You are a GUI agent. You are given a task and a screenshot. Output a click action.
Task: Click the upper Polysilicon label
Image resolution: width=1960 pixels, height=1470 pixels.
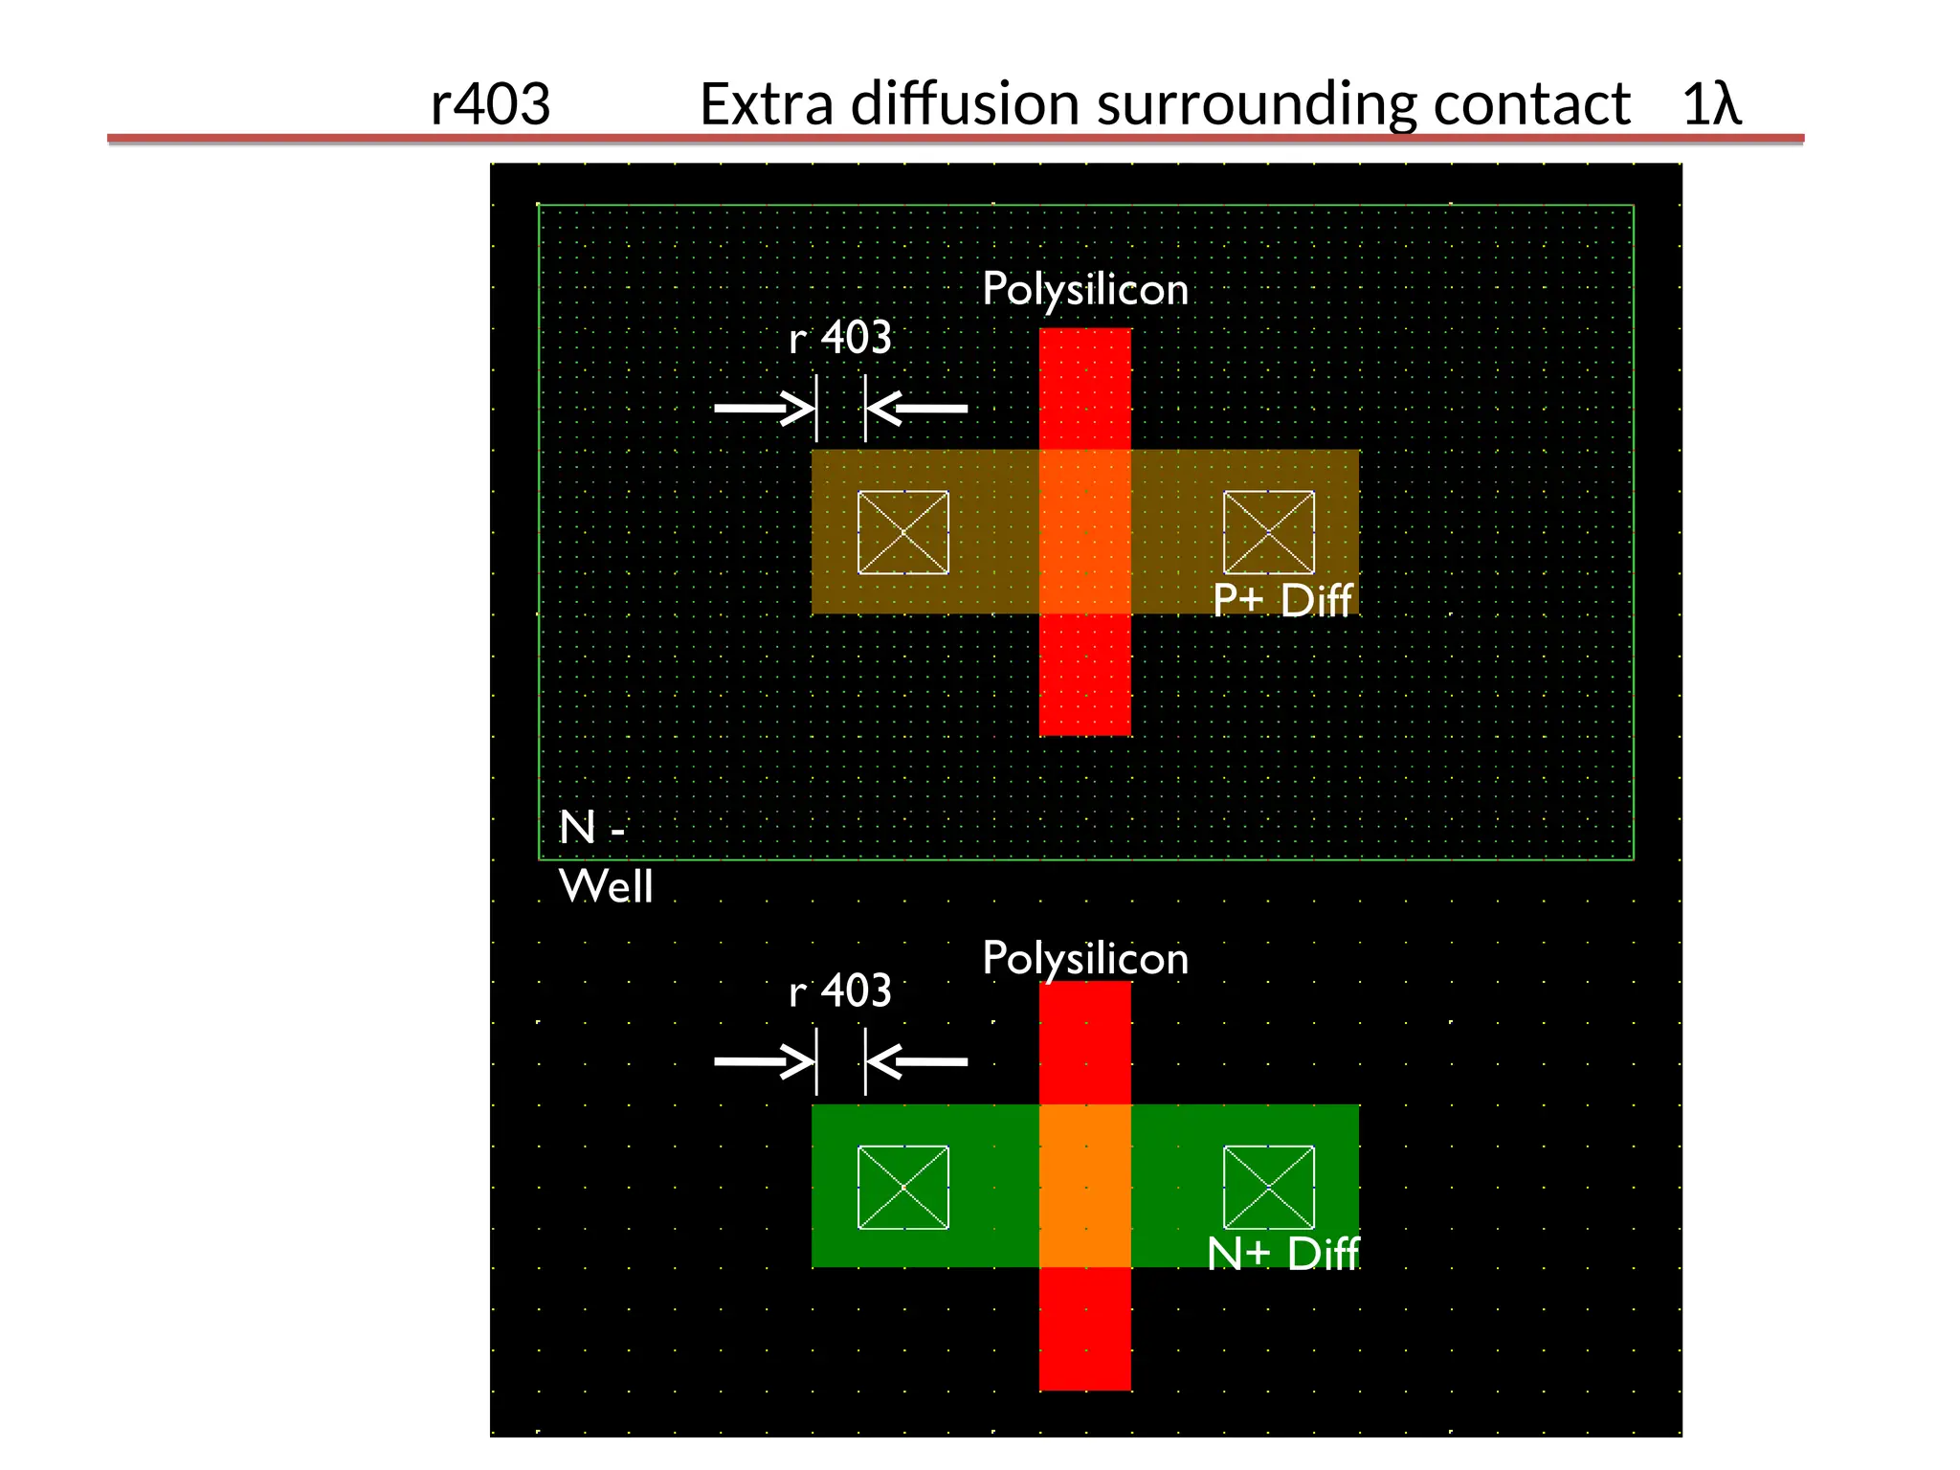(x=1085, y=289)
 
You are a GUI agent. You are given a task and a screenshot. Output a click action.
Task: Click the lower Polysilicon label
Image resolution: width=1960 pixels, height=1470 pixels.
(x=1085, y=958)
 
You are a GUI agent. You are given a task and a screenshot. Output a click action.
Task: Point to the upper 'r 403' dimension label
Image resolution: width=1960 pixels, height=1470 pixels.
(x=840, y=338)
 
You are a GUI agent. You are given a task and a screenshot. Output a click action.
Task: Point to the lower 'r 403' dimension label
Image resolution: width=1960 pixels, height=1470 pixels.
(x=840, y=991)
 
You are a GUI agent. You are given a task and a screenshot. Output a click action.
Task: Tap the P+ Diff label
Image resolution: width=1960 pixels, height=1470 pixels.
(x=1282, y=601)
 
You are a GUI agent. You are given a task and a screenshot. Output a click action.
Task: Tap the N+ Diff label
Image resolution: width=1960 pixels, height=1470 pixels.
(x=1282, y=1254)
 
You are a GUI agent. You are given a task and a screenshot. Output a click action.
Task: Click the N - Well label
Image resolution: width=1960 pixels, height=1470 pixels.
(x=605, y=857)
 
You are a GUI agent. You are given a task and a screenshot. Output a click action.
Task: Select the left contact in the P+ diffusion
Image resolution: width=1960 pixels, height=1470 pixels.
(x=903, y=532)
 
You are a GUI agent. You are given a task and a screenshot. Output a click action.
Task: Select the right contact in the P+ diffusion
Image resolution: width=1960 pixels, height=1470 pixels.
(x=1269, y=532)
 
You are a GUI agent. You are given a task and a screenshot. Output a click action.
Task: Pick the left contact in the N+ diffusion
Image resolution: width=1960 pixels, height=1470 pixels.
(x=903, y=1187)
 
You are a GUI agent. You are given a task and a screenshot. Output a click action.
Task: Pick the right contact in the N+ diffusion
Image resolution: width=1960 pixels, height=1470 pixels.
(x=1269, y=1187)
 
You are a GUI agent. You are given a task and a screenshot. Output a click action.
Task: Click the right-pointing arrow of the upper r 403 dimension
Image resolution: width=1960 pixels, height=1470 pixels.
(x=764, y=409)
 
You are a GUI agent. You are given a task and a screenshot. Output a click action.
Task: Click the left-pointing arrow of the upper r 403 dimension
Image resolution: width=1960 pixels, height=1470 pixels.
(x=917, y=409)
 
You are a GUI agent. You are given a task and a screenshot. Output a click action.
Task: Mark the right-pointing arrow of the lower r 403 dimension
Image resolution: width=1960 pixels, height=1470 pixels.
(x=764, y=1061)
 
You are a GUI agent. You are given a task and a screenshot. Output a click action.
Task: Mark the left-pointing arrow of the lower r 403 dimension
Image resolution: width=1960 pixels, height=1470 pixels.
(x=917, y=1061)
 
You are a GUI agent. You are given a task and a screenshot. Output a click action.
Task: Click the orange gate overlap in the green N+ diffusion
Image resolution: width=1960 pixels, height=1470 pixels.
(x=1085, y=1186)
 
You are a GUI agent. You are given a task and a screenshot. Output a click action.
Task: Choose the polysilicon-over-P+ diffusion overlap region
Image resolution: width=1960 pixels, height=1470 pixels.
(x=1085, y=531)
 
